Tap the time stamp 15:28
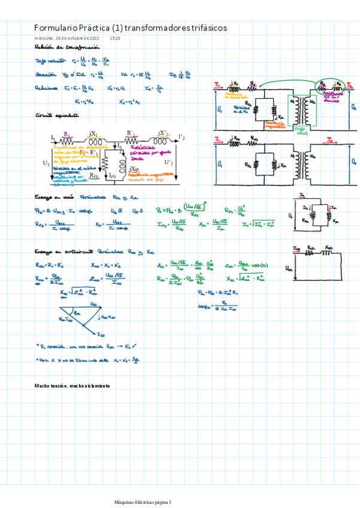[x=116, y=38]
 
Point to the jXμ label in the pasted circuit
[x=135, y=170]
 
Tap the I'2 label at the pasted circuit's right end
[x=181, y=137]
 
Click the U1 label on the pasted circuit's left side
[x=47, y=162]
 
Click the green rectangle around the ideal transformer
[x=300, y=111]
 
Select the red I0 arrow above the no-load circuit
[x=303, y=196]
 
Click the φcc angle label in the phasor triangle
[x=76, y=312]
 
